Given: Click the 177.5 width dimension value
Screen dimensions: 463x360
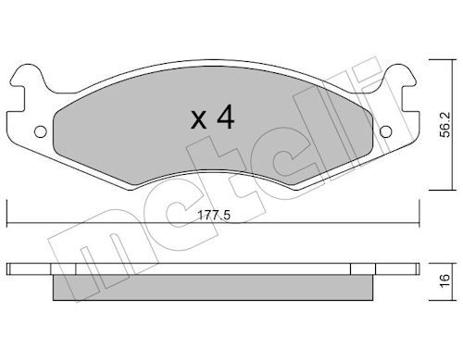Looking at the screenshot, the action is (214, 216).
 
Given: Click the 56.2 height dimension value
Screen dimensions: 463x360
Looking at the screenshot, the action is (445, 125).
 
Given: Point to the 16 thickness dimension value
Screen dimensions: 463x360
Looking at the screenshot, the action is (445, 281).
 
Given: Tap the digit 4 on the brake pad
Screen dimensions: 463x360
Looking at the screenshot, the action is (226, 117).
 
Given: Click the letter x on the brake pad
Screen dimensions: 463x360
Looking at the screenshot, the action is (198, 120).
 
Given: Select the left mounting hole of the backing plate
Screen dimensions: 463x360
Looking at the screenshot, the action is (41, 131).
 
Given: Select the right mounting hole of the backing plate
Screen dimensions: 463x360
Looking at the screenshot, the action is (385, 131).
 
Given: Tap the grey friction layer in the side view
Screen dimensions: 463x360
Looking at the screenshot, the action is (213, 287).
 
